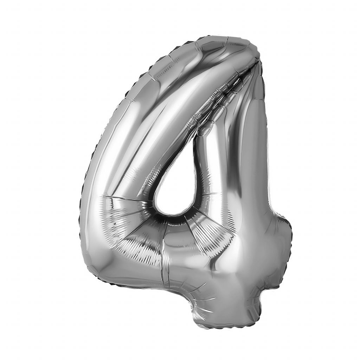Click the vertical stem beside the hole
click(x=232, y=172)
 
